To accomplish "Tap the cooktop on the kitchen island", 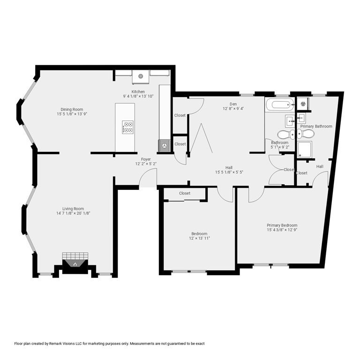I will [x=127, y=127].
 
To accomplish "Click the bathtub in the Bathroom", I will [x=279, y=104].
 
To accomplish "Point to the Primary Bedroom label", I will [x=282, y=225].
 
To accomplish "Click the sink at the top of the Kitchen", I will [x=141, y=75].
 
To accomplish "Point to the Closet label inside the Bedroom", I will [x=184, y=193].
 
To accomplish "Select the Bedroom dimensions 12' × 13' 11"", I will [x=199, y=239].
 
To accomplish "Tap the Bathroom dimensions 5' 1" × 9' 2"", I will [x=280, y=147].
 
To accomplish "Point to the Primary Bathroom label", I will [x=316, y=126].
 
